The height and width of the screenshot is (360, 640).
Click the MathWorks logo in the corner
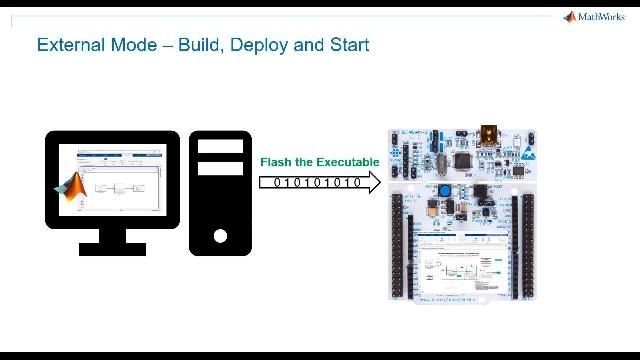tap(596, 16)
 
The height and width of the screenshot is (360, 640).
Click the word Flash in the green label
tap(277, 162)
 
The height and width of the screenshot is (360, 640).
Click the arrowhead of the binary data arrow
tap(373, 183)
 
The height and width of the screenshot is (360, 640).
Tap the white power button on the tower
tap(221, 236)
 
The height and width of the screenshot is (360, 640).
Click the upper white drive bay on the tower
tap(221, 145)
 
